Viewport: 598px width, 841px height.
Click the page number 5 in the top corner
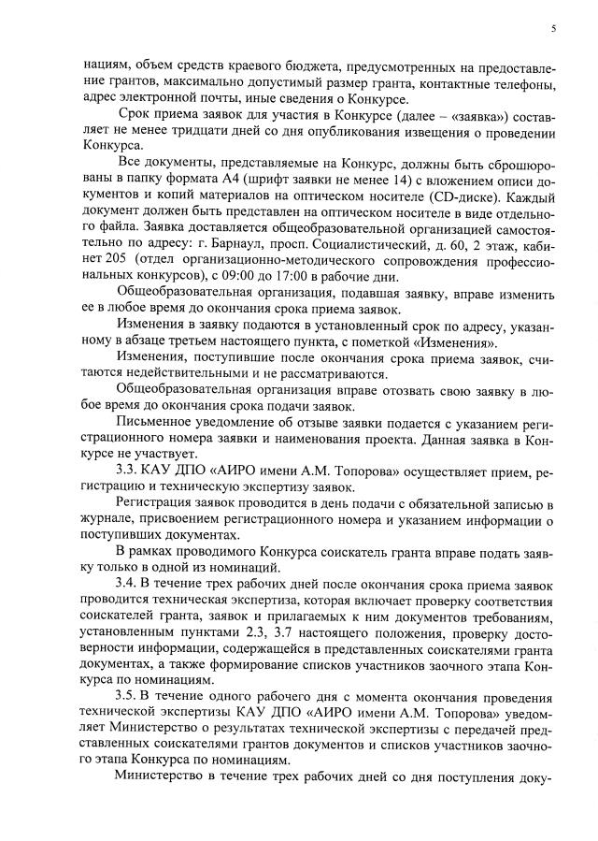[x=554, y=28]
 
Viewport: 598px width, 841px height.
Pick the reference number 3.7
[x=278, y=632]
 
